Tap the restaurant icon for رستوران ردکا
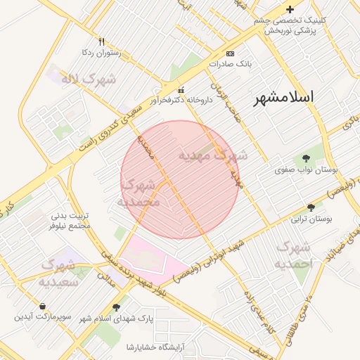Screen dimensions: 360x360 (102, 41)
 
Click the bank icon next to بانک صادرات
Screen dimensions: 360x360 (230, 53)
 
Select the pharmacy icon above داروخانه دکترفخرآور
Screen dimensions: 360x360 (181, 89)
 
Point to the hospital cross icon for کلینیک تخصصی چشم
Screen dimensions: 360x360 (290, 9)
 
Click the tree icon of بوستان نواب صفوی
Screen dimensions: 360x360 (305, 158)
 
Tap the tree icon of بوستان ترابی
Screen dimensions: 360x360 (311, 207)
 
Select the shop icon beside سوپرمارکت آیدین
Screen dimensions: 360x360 (44, 307)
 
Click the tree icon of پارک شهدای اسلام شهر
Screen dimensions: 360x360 (116, 307)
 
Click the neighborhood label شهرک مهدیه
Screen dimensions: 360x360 (212, 154)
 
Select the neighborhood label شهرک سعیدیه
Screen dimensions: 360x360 (58, 274)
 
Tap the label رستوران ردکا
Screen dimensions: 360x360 (102, 52)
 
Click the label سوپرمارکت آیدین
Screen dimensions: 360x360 (44, 318)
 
